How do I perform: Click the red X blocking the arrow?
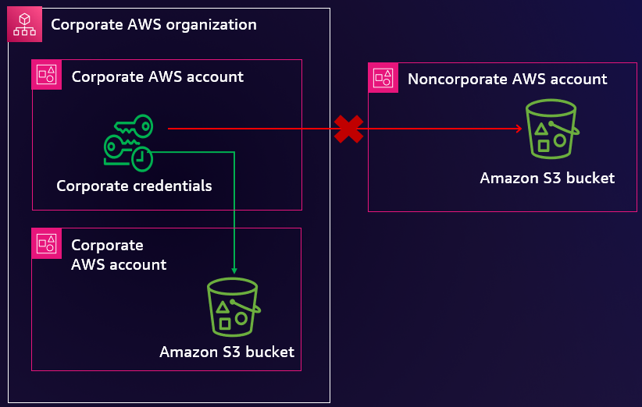[348, 129]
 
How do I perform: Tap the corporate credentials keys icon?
[128, 142]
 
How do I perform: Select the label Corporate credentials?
[134, 186]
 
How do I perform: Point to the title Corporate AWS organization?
[153, 25]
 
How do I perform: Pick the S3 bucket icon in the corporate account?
[233, 307]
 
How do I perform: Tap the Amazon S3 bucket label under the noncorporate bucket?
[547, 178]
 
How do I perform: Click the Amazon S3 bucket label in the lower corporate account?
[226, 352]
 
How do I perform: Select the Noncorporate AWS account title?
[507, 79]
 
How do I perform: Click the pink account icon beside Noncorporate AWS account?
[383, 78]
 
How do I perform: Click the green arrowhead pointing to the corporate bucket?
[234, 271]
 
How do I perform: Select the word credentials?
[171, 186]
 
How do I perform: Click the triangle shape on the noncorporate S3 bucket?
[540, 127]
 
